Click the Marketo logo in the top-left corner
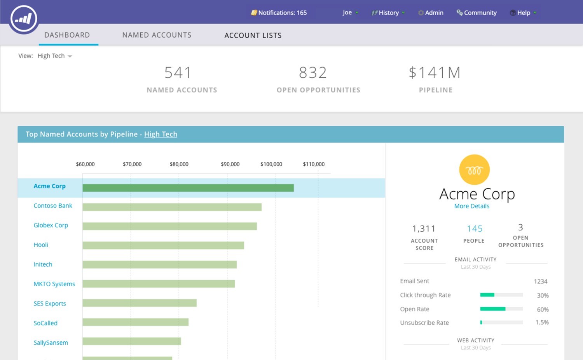(24, 19)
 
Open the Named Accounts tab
(157, 35)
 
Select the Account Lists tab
(253, 35)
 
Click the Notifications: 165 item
(279, 13)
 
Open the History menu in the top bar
(388, 13)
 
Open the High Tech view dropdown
(55, 56)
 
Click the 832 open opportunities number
(312, 73)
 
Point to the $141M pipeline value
(435, 73)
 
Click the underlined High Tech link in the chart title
(161, 134)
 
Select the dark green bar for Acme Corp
(188, 188)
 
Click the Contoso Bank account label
(53, 206)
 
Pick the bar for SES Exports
(140, 303)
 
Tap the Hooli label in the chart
(41, 245)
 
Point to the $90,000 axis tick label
(230, 164)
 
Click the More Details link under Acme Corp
(471, 206)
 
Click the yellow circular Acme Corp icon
(474, 170)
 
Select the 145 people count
(475, 229)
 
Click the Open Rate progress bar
(501, 309)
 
